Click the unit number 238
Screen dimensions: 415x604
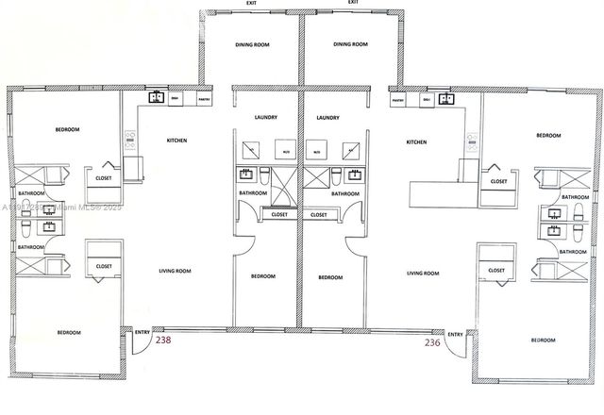[163, 342]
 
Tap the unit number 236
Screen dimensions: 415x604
[432, 342]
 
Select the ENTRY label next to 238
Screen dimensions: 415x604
[143, 333]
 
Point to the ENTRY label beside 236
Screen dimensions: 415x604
[455, 333]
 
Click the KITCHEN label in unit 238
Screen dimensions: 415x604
[176, 141]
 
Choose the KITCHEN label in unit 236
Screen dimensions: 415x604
[416, 141]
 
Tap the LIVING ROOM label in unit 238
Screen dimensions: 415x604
[173, 273]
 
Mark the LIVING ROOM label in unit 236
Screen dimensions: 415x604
[422, 273]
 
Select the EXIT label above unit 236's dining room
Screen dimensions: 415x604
[352, 3]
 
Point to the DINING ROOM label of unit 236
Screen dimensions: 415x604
[349, 43]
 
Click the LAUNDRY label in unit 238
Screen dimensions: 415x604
[265, 118]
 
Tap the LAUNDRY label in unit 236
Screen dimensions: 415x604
[327, 118]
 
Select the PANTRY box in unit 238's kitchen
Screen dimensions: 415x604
[204, 98]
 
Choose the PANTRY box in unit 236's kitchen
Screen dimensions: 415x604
[397, 98]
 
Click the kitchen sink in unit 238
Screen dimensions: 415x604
[155, 97]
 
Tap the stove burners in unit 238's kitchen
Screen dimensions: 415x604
[130, 143]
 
